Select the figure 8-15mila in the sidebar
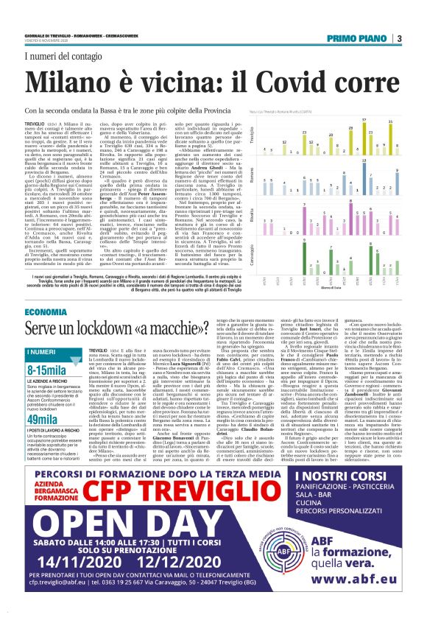(x=46, y=370)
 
